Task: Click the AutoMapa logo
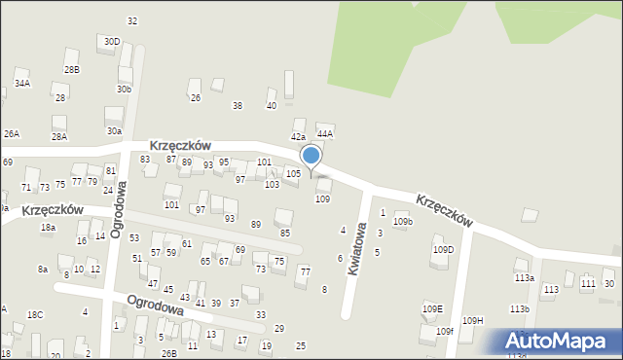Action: (x=557, y=342)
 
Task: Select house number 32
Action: (x=132, y=20)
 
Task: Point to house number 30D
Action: (x=112, y=42)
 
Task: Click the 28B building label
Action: (x=71, y=70)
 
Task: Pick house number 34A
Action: (x=21, y=84)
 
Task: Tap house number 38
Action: (x=237, y=105)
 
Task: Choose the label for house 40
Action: (x=271, y=105)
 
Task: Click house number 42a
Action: (x=298, y=136)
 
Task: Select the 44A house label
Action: (x=325, y=133)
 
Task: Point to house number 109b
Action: (x=403, y=222)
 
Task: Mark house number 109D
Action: (x=443, y=250)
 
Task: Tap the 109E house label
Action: (x=432, y=308)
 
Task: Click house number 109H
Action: (x=473, y=320)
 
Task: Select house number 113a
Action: (x=525, y=277)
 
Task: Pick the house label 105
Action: (x=292, y=173)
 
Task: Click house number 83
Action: (x=145, y=159)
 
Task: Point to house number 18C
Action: (x=35, y=314)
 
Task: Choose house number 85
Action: (x=285, y=233)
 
